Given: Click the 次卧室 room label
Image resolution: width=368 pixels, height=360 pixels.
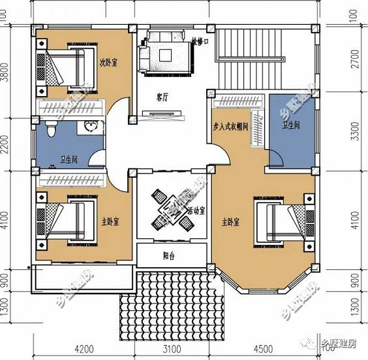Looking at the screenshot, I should pos(108,63).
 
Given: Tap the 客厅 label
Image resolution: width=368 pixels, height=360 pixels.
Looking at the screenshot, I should pos(162,97).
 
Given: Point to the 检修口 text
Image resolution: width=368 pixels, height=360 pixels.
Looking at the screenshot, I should pos(200,41).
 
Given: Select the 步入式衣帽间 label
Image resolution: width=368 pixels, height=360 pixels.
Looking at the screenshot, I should pos(230,126).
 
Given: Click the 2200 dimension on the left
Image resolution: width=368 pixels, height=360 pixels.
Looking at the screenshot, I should pos(6,144).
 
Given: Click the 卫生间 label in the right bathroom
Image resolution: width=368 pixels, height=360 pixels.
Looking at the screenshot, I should pos(291,125).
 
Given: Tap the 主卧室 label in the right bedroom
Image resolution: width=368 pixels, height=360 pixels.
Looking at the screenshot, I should pos(230,222).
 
